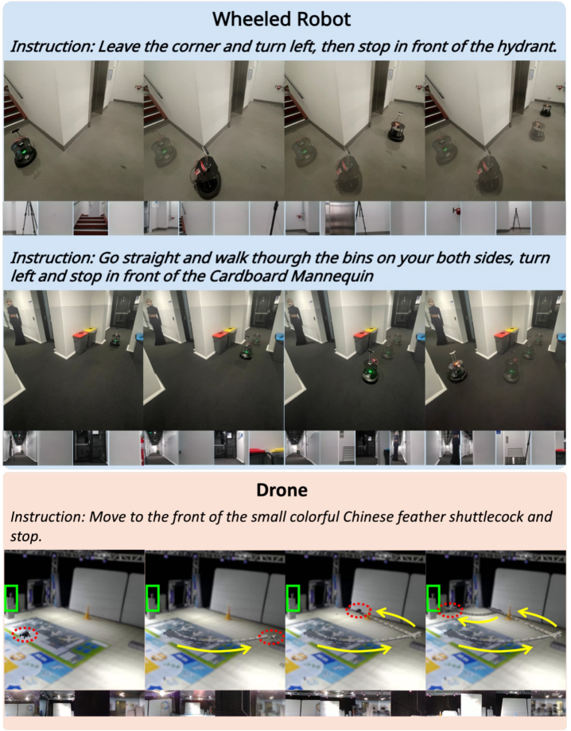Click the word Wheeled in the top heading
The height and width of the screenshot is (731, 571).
point(249,19)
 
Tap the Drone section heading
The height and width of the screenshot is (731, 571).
point(282,490)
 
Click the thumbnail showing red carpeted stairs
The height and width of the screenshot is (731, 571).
point(91,219)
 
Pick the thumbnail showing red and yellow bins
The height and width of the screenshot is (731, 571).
point(266,448)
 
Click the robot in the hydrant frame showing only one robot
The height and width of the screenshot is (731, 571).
point(24,150)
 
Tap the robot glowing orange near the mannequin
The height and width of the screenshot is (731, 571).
point(456,369)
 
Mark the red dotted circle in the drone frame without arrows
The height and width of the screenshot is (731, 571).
point(25,635)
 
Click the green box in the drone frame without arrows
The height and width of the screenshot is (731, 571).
point(10,598)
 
